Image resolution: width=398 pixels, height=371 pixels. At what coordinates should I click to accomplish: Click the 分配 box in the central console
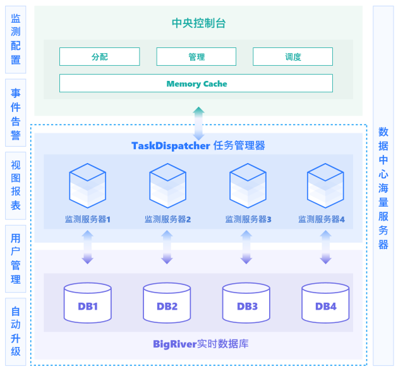click(x=100, y=56)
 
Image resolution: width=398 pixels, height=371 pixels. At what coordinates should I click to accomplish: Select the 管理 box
click(x=196, y=56)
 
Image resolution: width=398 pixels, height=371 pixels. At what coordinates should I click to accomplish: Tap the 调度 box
click(x=292, y=56)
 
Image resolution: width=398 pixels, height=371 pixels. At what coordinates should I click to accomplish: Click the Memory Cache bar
click(x=196, y=83)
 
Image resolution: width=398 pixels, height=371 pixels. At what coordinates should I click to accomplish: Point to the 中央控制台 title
click(x=199, y=23)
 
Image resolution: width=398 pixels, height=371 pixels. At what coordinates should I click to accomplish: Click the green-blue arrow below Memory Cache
click(x=198, y=123)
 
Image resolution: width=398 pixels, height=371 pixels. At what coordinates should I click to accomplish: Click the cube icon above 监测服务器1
click(x=88, y=186)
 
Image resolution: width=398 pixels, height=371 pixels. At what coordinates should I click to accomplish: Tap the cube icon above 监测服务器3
click(x=248, y=186)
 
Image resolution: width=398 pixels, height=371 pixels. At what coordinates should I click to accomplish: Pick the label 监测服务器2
click(x=168, y=219)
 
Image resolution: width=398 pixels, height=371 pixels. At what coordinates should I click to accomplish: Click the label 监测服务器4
click(x=322, y=219)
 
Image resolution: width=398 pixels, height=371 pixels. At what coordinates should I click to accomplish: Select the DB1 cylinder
click(x=88, y=303)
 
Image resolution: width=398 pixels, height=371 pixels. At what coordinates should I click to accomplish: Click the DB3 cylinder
click(x=246, y=303)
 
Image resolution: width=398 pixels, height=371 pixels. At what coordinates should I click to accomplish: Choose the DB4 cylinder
click(x=325, y=303)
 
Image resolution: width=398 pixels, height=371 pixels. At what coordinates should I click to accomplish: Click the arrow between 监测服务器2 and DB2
click(x=167, y=247)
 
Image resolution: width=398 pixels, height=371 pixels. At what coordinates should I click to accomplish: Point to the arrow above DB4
click(x=325, y=247)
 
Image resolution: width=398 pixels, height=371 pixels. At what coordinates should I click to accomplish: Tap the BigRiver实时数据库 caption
click(x=201, y=344)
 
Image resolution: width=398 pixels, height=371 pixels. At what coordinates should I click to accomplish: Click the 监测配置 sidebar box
click(x=16, y=40)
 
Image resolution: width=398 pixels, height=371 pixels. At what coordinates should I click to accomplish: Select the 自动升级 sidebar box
click(x=16, y=332)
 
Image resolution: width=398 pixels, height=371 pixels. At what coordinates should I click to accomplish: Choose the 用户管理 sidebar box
click(x=16, y=258)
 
